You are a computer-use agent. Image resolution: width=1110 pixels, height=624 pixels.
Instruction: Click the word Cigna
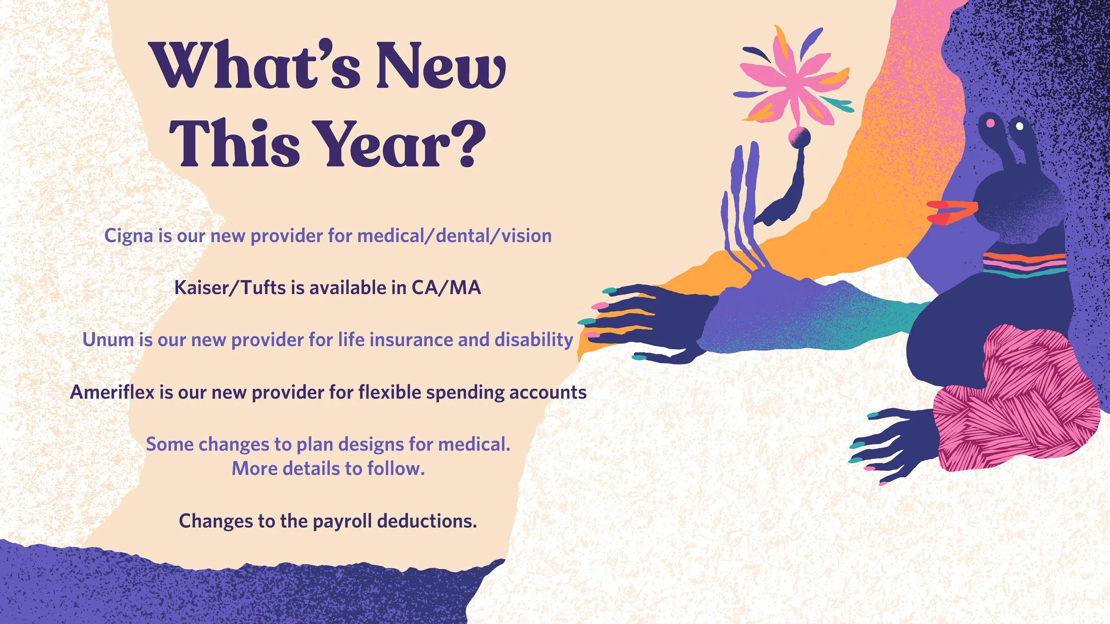point(128,236)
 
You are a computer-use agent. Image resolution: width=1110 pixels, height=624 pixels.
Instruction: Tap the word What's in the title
point(257,66)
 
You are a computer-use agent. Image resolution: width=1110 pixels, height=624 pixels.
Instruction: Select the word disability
point(534,340)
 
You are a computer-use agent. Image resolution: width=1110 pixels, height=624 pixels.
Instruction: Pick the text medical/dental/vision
point(454,236)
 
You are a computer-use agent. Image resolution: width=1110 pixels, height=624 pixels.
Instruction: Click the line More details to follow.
point(328,469)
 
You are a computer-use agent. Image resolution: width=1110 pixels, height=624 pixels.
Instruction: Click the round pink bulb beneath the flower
point(800,136)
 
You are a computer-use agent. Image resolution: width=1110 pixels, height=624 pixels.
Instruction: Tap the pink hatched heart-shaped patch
point(1017,399)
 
